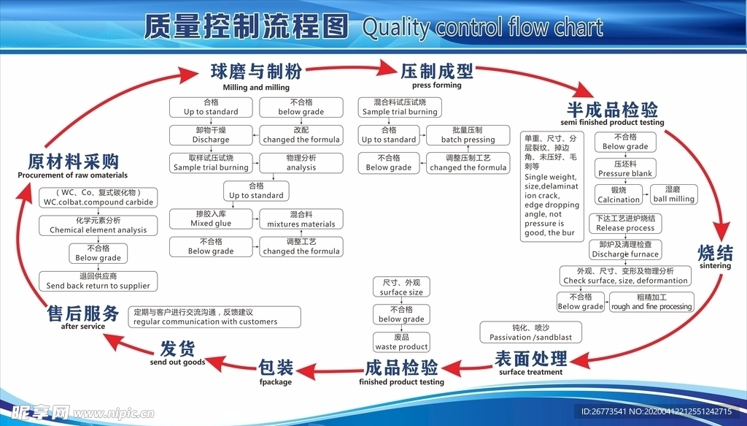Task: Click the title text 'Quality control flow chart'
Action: (x=482, y=28)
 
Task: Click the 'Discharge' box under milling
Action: (x=211, y=135)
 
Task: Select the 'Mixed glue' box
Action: (x=211, y=218)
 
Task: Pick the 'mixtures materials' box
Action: (x=301, y=218)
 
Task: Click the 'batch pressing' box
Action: (x=468, y=135)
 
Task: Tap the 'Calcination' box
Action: (x=619, y=194)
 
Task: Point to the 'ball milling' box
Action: (x=674, y=194)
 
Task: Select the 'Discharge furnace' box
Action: (x=625, y=249)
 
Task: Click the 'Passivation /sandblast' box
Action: (x=530, y=332)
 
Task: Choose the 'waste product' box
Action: (x=401, y=342)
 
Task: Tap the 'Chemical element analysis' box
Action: (x=98, y=225)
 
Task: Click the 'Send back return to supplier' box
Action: (x=98, y=281)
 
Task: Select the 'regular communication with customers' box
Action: (x=214, y=316)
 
